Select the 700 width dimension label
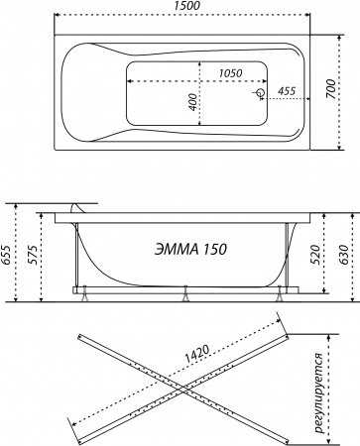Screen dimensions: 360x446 point(330,89)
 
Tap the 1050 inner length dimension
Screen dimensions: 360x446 point(231,73)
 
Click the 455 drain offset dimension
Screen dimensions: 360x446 point(287,91)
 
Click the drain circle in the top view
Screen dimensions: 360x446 point(261,93)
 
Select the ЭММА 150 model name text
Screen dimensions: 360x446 point(190,249)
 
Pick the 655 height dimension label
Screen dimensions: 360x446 point(6,255)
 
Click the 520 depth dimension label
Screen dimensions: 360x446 point(315,255)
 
